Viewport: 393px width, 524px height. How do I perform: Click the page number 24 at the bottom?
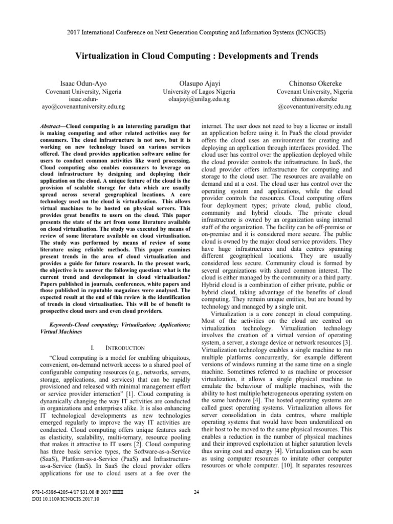tap(196, 507)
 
